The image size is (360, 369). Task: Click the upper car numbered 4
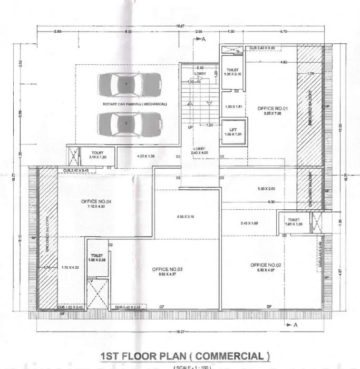[x=127, y=84]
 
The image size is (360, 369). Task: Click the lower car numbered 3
[x=127, y=123]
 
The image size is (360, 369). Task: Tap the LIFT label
[x=232, y=129]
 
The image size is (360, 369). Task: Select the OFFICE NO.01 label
[x=269, y=109]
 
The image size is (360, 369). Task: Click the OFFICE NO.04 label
[x=97, y=201]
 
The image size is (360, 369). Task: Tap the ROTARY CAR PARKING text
[x=134, y=104]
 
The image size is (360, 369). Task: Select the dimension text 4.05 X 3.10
[x=184, y=217]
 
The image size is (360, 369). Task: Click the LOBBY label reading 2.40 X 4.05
[x=201, y=151]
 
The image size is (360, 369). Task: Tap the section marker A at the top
[x=203, y=40]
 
